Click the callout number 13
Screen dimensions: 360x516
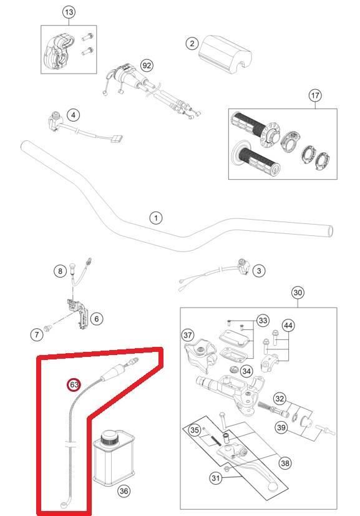tap(69, 12)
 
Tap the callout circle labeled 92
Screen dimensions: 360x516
tap(147, 66)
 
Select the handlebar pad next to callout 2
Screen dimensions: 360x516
tap(226, 53)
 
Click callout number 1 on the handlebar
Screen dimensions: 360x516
tap(155, 218)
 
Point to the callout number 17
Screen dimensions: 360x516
tap(315, 95)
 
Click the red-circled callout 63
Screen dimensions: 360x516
tap(74, 385)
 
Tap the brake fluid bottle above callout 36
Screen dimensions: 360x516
tap(114, 459)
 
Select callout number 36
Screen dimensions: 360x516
tap(124, 491)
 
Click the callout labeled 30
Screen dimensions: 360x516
tap(298, 293)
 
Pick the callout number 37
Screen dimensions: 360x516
tap(188, 335)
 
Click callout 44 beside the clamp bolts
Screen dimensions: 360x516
tap(288, 326)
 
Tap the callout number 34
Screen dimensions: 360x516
tap(246, 371)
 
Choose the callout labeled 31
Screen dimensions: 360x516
tap(215, 477)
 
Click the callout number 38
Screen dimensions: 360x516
tap(285, 463)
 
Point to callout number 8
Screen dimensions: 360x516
tap(60, 271)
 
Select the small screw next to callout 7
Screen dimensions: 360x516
tap(48, 328)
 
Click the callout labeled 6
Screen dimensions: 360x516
tap(97, 319)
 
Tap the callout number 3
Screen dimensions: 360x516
tap(259, 271)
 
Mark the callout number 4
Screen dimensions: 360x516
tap(73, 115)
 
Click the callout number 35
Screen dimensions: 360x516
tap(195, 430)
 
